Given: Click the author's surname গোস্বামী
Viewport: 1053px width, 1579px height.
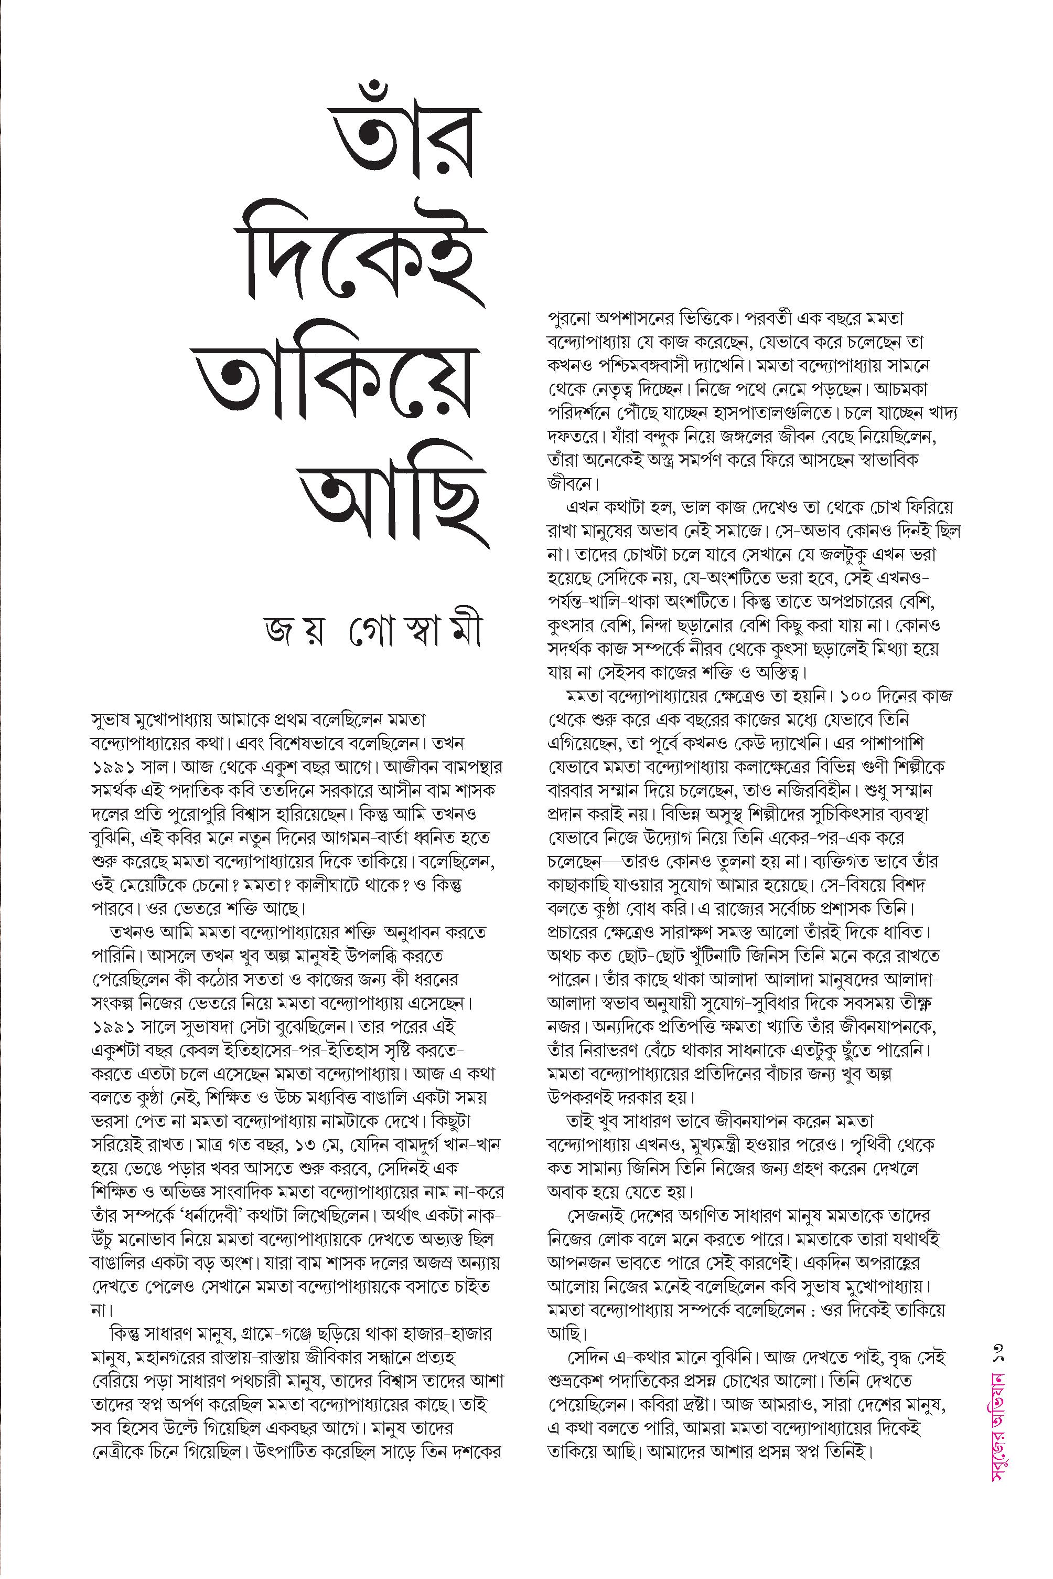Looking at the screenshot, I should point(416,635).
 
